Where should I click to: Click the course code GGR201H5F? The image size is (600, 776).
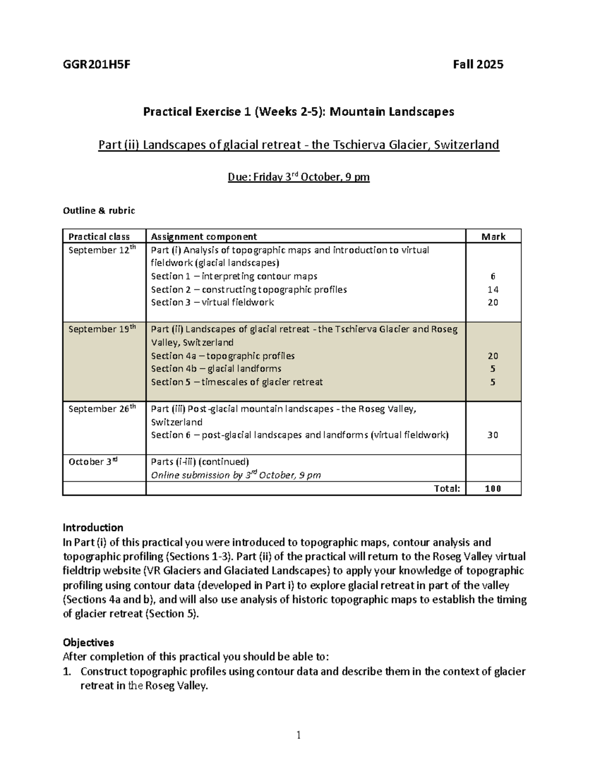(x=96, y=64)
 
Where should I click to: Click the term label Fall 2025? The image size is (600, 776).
(x=478, y=64)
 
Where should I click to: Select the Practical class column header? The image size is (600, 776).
(x=99, y=237)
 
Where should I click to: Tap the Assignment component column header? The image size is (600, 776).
(x=204, y=237)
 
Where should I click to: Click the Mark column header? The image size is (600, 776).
(x=493, y=237)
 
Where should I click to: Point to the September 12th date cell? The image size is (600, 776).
(x=102, y=250)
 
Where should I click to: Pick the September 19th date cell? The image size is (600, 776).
(x=102, y=329)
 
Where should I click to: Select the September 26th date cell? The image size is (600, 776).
(x=102, y=408)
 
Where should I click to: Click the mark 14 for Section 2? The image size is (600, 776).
(x=493, y=289)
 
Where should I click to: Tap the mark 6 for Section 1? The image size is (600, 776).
(x=493, y=276)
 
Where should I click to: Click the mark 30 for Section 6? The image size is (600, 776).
(x=493, y=435)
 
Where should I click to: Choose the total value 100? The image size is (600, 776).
(x=493, y=489)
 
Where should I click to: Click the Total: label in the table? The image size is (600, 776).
(x=447, y=489)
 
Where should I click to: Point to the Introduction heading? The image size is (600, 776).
(x=93, y=528)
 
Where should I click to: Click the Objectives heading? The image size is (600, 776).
(x=88, y=643)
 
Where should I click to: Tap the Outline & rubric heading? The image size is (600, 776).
(x=99, y=210)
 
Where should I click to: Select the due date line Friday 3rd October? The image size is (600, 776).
(x=299, y=177)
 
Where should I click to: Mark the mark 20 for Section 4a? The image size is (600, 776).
(x=493, y=356)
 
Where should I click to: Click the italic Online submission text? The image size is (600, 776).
(x=236, y=475)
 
